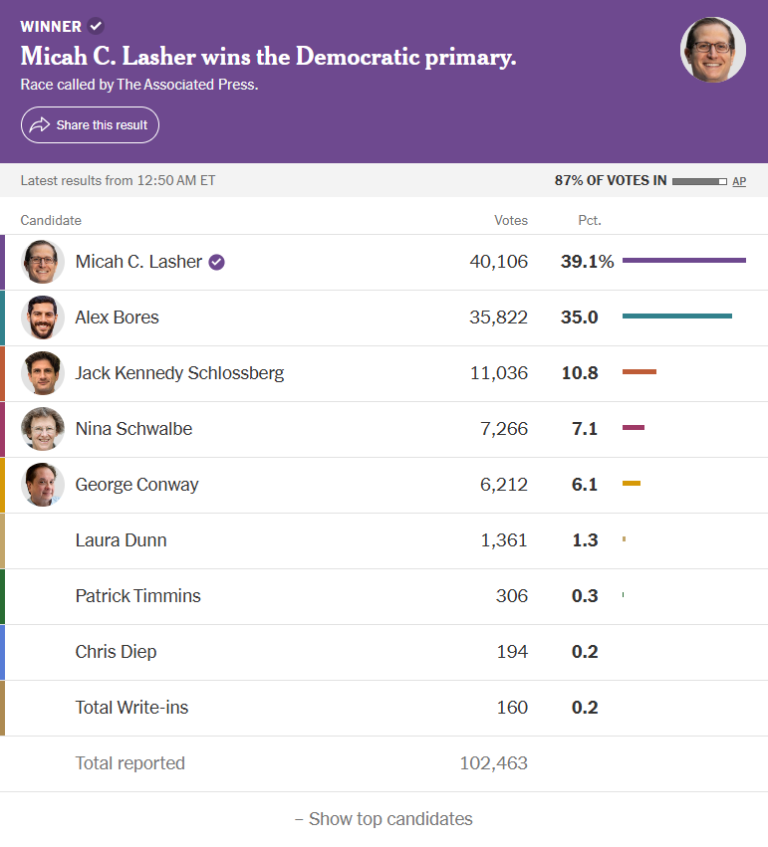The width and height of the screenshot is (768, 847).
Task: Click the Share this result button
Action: click(90, 124)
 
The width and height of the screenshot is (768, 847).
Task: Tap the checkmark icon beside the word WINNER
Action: click(96, 26)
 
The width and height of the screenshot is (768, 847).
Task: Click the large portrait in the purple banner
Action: click(713, 50)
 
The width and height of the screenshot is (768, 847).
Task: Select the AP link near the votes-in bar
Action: click(739, 181)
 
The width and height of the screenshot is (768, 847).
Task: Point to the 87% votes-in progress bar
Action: click(699, 181)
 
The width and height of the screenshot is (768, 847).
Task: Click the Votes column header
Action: click(511, 220)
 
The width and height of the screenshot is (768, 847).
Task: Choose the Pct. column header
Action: click(590, 220)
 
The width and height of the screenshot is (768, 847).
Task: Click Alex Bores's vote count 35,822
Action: click(498, 318)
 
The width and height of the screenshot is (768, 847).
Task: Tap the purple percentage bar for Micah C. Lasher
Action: click(684, 261)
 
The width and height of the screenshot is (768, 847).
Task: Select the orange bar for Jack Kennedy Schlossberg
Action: click(640, 371)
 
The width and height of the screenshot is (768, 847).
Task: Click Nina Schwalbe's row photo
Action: click(43, 429)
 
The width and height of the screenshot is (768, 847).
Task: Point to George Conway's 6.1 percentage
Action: click(585, 485)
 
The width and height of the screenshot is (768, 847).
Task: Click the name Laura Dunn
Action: click(122, 540)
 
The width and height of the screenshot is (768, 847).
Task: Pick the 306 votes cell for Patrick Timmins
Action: click(512, 596)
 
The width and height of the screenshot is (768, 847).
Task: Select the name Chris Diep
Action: click(116, 652)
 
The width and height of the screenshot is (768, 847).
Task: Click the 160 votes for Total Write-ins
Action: click(512, 707)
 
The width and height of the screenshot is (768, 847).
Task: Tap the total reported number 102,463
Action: click(493, 762)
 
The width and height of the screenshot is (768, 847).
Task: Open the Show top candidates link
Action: click(384, 819)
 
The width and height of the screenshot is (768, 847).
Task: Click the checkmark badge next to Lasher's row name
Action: click(217, 262)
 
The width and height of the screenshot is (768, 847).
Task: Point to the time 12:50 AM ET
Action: click(176, 180)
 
